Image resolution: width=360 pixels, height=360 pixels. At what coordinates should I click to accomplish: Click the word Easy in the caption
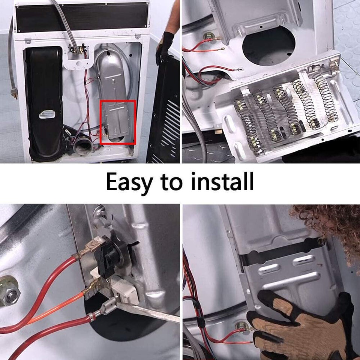(x=129, y=182)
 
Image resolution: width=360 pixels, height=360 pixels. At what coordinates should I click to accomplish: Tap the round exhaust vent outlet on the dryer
(x=81, y=145)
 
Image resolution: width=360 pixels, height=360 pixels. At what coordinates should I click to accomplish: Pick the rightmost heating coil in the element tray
(x=323, y=96)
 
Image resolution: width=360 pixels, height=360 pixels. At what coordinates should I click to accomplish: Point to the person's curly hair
(x=330, y=225)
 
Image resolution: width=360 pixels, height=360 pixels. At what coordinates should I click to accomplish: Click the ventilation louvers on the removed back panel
(x=171, y=124)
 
